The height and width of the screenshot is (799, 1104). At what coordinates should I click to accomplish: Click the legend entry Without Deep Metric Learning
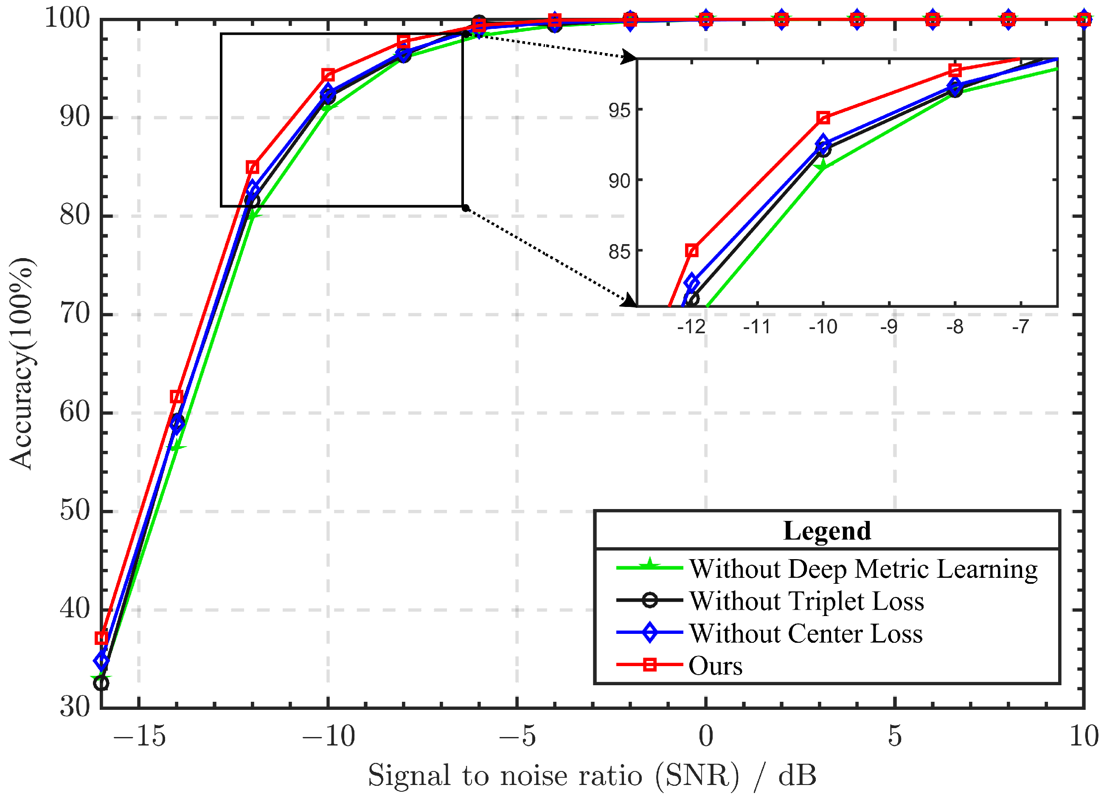863,569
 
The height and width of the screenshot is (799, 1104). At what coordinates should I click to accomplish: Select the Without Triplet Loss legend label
806,601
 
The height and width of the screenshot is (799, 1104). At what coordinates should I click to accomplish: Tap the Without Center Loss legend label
806,633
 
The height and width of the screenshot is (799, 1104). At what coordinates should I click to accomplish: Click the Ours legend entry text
715,666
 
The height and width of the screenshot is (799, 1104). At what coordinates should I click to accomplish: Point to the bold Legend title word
827,531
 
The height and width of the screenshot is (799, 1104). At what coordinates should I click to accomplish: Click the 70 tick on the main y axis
75,314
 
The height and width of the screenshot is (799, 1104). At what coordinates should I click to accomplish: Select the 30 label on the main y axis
75,706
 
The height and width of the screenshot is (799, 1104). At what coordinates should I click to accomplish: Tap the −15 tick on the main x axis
139,736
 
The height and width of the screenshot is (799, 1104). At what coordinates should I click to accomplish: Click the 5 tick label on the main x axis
895,736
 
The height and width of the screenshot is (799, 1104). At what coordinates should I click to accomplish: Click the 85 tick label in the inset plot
619,252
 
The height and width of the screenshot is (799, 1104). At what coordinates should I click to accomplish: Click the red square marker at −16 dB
101,638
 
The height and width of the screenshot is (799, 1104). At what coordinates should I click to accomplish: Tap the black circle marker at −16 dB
101,683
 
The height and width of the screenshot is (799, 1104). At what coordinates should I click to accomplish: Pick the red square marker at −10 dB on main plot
328,75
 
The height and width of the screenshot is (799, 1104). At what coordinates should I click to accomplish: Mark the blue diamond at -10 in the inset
823,143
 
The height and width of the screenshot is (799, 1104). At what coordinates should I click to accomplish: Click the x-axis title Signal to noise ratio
591,775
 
